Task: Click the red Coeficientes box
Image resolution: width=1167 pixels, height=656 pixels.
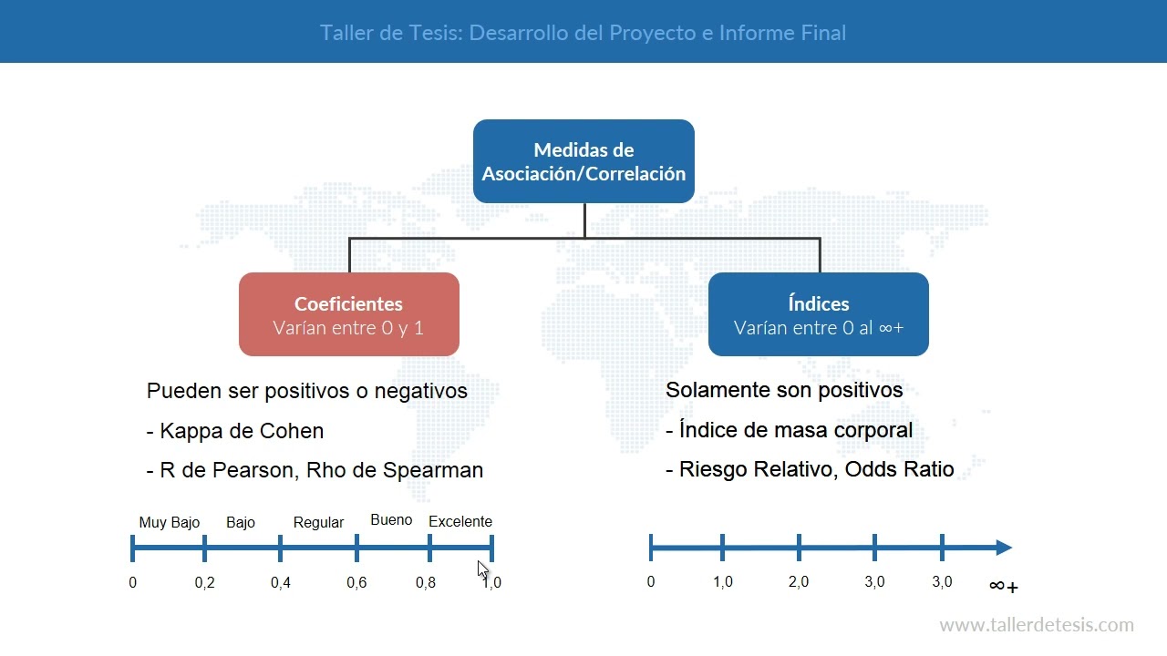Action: (x=348, y=314)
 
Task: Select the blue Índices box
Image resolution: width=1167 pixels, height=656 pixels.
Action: (x=818, y=314)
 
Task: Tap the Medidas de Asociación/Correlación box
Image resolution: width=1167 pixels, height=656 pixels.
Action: (x=583, y=161)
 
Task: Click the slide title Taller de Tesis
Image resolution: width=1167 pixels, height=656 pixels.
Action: (x=583, y=33)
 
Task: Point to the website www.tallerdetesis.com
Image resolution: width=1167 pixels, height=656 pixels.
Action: (x=1036, y=625)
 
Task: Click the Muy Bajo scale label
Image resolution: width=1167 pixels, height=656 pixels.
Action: (x=169, y=522)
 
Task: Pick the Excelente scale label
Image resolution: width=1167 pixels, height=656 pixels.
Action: (x=460, y=521)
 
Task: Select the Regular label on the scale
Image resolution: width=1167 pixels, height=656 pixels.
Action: (x=318, y=522)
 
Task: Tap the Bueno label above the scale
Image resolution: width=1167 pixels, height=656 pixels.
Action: (x=391, y=520)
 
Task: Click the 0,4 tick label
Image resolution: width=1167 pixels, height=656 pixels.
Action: (x=281, y=583)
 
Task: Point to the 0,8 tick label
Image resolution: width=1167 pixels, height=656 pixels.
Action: (x=426, y=583)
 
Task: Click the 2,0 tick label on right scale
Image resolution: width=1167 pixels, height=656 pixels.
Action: (x=799, y=582)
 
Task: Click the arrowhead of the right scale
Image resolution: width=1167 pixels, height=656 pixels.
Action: (x=1004, y=548)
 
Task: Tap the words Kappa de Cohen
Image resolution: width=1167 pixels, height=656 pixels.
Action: (x=242, y=431)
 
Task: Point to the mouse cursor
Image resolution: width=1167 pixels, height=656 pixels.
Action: (x=482, y=569)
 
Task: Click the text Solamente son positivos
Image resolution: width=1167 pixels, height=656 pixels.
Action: (x=784, y=390)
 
